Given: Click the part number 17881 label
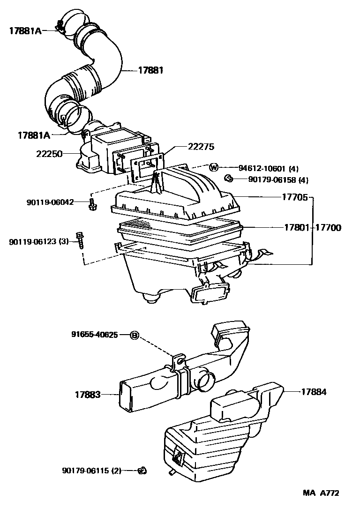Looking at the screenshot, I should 150,70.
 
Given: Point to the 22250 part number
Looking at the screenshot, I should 50,153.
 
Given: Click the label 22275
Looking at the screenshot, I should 201,147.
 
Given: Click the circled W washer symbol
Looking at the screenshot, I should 213,168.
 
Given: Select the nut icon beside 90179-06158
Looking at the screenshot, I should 229,178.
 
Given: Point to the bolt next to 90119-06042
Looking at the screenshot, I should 92,204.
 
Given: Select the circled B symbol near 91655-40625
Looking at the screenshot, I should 134,335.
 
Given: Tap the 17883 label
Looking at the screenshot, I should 88,395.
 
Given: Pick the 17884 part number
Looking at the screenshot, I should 314,391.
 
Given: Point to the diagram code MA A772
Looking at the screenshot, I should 321,493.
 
